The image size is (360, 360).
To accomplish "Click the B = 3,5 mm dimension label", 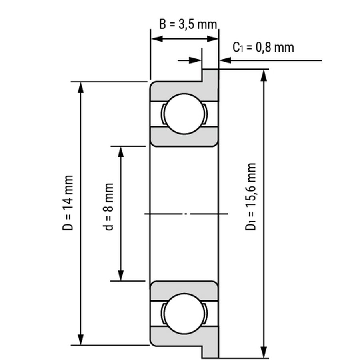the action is click(x=188, y=24).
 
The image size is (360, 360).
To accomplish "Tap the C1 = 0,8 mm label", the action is click(x=263, y=48).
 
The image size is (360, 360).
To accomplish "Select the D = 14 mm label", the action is click(x=68, y=202).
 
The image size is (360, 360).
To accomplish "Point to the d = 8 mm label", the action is click(x=108, y=207).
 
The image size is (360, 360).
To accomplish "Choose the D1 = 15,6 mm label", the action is click(x=250, y=196).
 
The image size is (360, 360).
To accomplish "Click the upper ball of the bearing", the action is click(x=184, y=114).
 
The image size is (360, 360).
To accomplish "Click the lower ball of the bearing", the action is click(x=184, y=314).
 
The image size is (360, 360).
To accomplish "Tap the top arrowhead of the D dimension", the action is click(x=80, y=88).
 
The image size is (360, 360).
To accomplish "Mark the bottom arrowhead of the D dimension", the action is click(x=80, y=339).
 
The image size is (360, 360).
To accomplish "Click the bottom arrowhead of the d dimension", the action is click(x=121, y=275).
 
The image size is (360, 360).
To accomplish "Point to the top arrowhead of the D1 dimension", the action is click(x=264, y=75).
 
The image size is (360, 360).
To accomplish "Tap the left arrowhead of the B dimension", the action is click(x=157, y=39).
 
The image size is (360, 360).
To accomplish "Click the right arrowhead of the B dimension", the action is click(x=213, y=39).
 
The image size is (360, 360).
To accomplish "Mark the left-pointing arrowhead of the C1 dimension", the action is click(x=225, y=60).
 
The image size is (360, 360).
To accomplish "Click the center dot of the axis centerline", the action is click(x=186, y=214).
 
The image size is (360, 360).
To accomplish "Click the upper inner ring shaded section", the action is click(x=184, y=137).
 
